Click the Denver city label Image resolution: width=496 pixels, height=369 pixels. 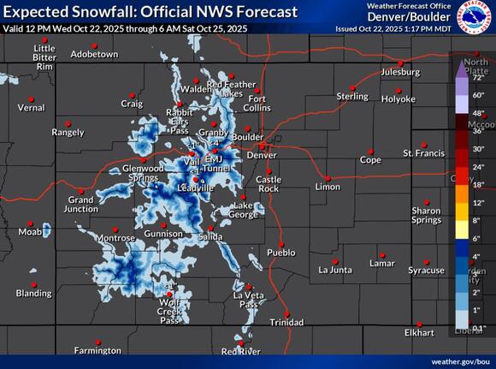(262, 155)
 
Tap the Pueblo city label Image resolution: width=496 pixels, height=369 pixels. (281, 253)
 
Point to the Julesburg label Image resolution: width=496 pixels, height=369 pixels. (400, 72)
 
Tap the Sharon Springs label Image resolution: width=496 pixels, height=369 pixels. (426, 215)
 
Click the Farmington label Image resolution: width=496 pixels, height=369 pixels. (97, 350)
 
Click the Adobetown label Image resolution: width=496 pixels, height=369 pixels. (94, 54)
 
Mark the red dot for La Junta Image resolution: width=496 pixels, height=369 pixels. (334, 260)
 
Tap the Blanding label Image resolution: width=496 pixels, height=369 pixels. (33, 294)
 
